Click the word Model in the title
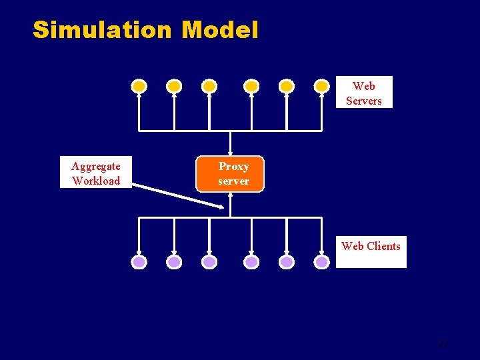pos(219,30)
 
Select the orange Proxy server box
pos(230,174)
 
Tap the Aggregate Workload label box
pos(96,173)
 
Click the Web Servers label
pos(363,93)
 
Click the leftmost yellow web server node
pos(139,86)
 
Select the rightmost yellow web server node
pos(322,86)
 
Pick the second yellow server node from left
pos(174,86)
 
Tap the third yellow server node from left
pos(209,86)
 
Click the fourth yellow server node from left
pos(251,86)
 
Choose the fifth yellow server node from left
pos(287,86)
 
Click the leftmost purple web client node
pos(139,262)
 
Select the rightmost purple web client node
pos(322,262)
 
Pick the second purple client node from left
pos(174,262)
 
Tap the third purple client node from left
pos(209,262)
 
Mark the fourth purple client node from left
pos(251,262)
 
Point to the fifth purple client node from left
pos(287,262)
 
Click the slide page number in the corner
pos(443,344)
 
